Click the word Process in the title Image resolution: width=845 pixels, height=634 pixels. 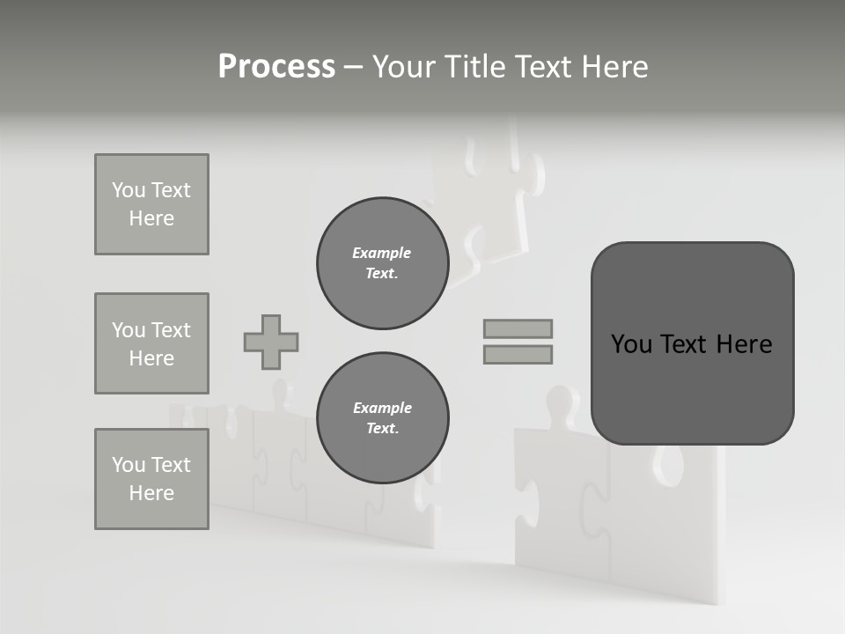[x=276, y=67]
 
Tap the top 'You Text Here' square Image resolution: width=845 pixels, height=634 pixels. [x=151, y=204]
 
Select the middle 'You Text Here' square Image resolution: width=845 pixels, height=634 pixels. [x=151, y=343]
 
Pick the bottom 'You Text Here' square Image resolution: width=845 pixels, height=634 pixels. [x=151, y=479]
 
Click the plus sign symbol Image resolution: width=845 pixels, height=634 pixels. [x=271, y=342]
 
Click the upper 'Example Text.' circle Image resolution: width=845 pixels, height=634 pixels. [x=382, y=263]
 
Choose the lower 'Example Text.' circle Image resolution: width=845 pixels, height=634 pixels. [x=382, y=418]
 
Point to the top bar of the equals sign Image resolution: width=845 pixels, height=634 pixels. [x=518, y=328]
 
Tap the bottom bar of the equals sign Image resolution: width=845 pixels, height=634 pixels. [x=518, y=354]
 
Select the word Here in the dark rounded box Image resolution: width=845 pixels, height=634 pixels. [x=744, y=344]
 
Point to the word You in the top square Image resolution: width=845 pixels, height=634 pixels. [x=129, y=190]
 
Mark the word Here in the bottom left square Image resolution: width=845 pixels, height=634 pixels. [x=151, y=493]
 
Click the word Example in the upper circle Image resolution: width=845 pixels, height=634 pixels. [x=382, y=253]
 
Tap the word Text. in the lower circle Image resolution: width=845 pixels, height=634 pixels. [x=382, y=429]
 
